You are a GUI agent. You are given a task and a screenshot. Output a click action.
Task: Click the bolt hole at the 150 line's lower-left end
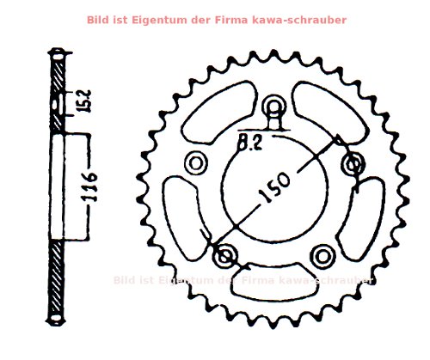(x=227, y=254)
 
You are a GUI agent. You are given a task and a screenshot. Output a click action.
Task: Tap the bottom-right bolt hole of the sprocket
(x=322, y=254)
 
